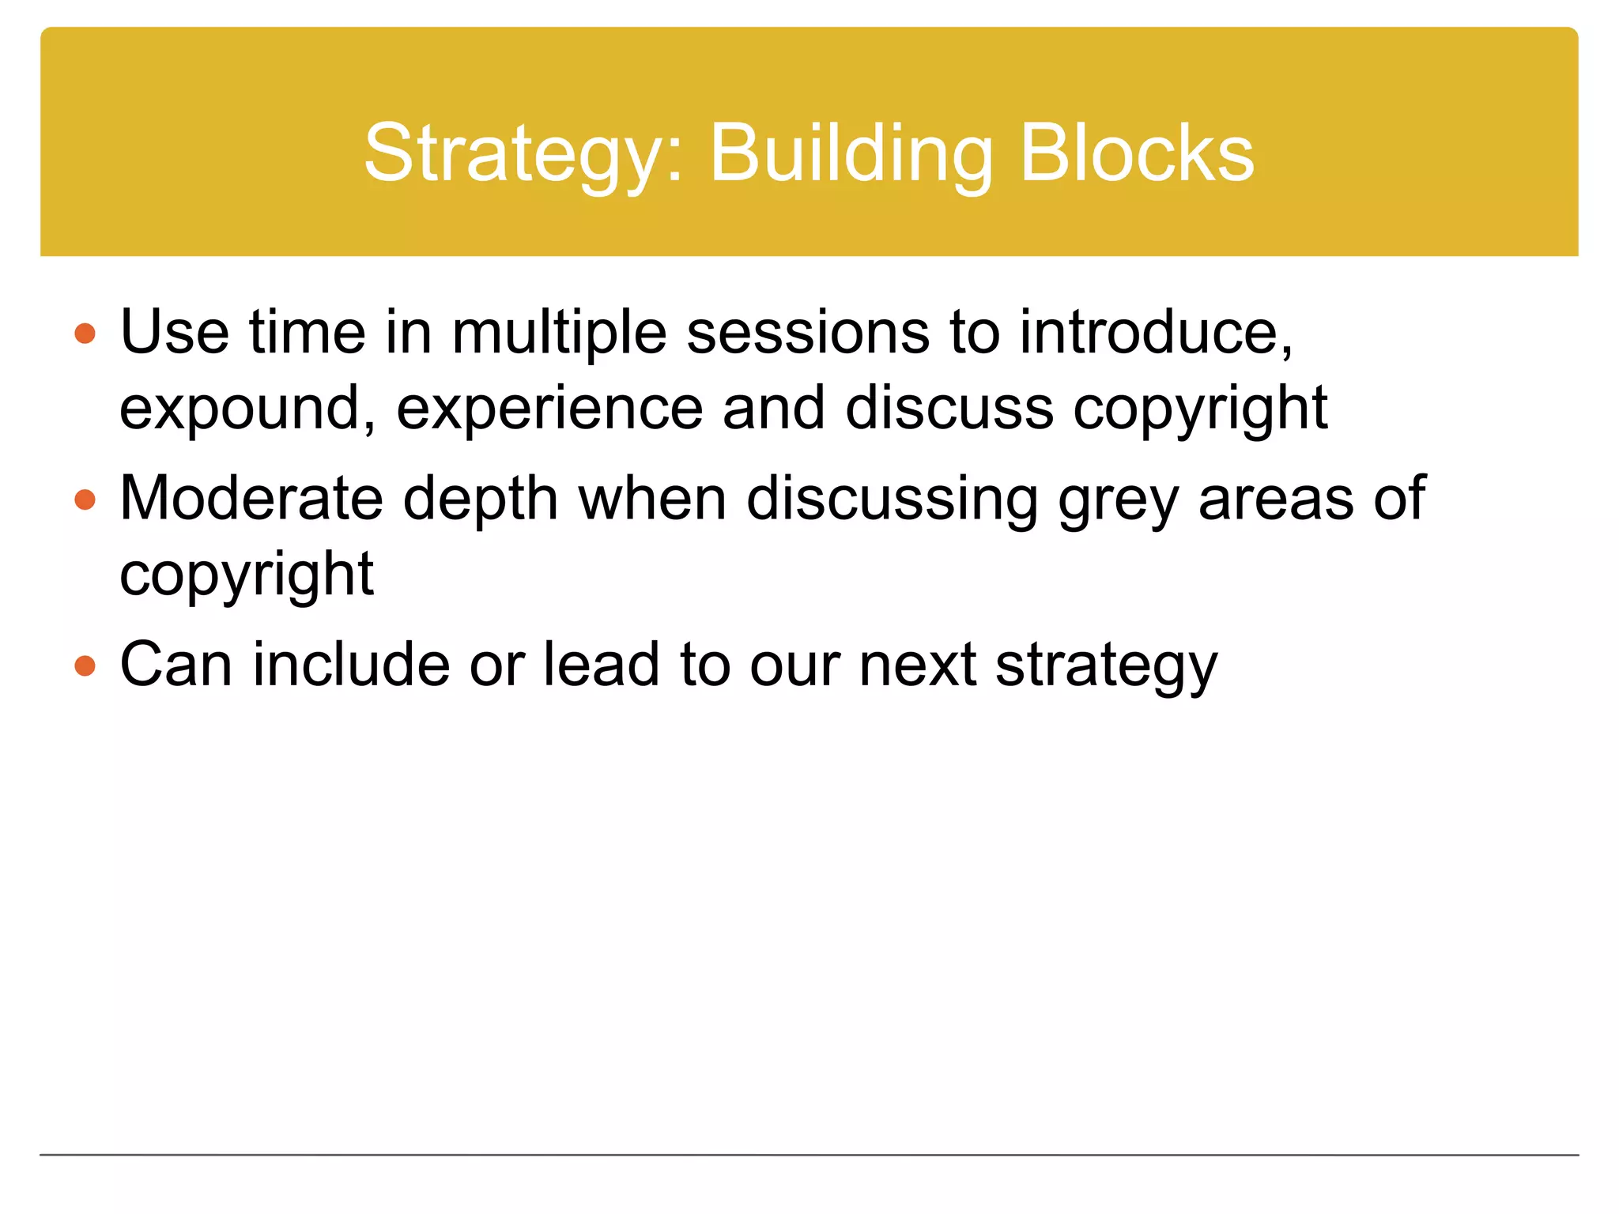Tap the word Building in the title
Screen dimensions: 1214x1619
click(x=851, y=154)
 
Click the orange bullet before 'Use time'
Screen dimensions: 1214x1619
click(x=85, y=334)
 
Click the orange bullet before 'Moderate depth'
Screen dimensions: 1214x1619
click(x=85, y=500)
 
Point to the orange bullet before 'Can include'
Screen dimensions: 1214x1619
click(x=85, y=665)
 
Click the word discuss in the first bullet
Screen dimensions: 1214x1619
click(x=949, y=408)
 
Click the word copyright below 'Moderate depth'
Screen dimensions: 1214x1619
click(x=247, y=575)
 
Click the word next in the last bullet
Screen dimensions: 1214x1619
click(x=918, y=665)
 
